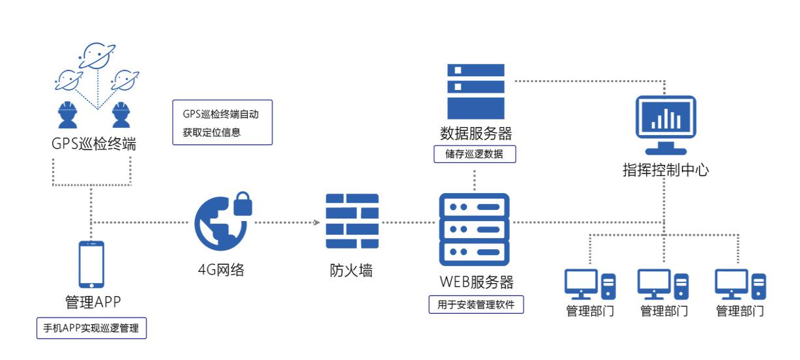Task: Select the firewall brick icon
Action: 352,223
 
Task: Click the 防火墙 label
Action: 352,269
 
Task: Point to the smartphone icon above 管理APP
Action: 91,264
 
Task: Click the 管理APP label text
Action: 91,303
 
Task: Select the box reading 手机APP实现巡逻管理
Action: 91,328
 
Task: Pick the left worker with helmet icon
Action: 68,115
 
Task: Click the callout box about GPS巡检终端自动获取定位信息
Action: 222,122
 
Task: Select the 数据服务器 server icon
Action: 475,89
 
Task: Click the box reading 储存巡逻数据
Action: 475,154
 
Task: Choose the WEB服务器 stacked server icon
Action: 475,228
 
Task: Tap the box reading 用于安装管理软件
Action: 476,304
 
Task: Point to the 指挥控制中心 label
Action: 666,172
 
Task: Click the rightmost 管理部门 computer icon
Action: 740,285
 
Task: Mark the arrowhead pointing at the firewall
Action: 318,222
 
